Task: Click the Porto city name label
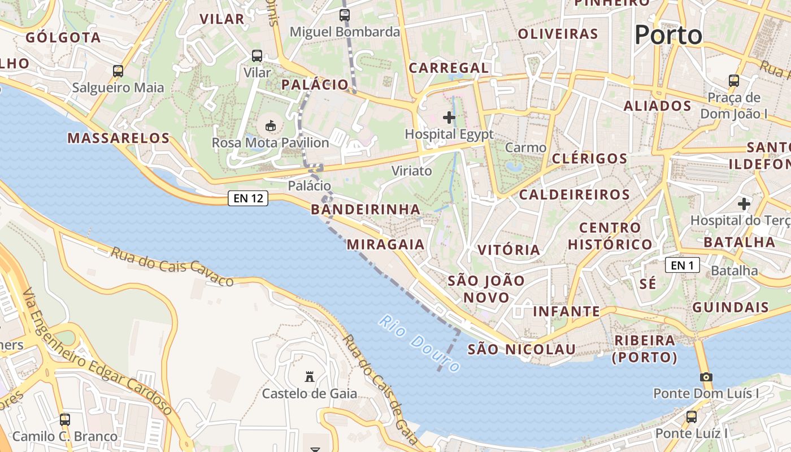click(668, 35)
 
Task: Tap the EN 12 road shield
click(248, 198)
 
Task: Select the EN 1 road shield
click(682, 265)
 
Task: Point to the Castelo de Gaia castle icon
click(309, 376)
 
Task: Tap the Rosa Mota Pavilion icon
click(271, 125)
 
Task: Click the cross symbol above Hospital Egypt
click(449, 118)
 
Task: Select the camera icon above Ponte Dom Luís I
click(706, 377)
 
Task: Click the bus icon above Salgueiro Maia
click(118, 71)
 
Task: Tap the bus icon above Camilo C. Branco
click(65, 419)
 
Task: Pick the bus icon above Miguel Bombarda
click(345, 15)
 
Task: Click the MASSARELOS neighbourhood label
click(119, 138)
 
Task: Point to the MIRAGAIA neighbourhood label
click(385, 244)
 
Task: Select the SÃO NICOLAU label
click(521, 349)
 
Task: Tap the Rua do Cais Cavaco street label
click(172, 266)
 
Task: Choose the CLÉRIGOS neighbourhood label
click(589, 158)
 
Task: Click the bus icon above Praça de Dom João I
click(734, 81)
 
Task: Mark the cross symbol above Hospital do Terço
click(744, 203)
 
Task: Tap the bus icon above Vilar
click(257, 56)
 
